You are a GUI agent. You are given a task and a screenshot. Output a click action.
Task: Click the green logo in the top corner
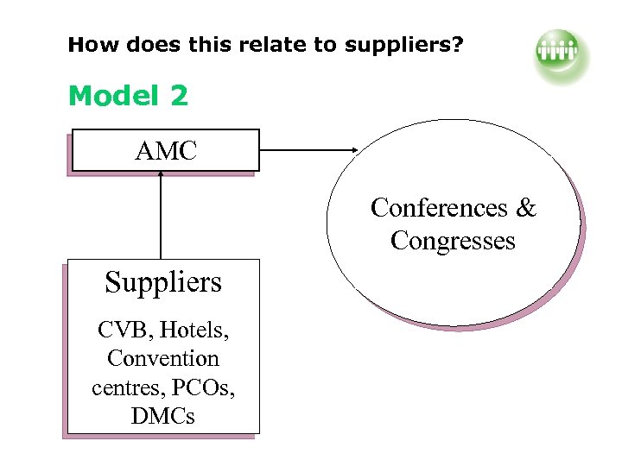560,54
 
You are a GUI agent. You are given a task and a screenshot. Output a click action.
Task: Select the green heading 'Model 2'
128,96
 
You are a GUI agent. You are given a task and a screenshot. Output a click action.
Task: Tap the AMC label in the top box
166,152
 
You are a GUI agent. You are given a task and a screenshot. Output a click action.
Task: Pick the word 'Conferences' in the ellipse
439,208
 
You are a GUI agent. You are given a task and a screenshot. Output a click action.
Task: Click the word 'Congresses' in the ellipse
453,240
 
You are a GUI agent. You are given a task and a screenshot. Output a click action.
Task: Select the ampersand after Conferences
526,208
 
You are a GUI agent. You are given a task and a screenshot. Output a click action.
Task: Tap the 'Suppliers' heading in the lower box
163,282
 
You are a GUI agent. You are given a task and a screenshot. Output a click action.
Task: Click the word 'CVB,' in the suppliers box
122,329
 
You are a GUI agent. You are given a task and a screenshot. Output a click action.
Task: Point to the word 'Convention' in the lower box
163,358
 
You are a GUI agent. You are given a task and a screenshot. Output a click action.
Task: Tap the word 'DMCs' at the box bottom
163,416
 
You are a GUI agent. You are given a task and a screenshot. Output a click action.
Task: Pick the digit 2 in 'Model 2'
179,96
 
